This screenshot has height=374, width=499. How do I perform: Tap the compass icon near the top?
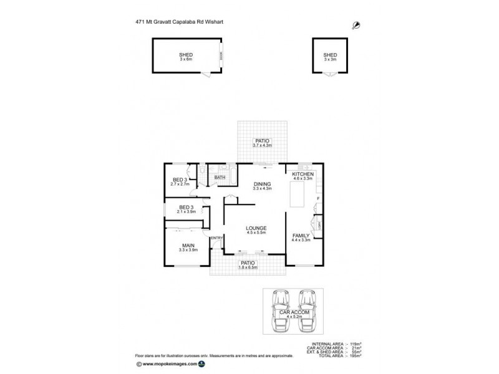tap(356, 24)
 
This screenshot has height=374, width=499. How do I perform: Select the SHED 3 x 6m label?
tap(186, 57)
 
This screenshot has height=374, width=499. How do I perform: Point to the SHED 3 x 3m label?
tap(330, 57)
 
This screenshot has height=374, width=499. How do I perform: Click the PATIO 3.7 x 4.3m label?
tap(261, 143)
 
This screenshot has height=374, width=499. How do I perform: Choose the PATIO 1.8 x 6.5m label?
tap(248, 266)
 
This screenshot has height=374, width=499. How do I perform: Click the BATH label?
tap(220, 178)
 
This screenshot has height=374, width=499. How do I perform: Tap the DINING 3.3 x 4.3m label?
tap(262, 186)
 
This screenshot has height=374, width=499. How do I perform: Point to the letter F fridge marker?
tap(318, 199)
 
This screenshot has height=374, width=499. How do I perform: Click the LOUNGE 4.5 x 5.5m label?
tap(256, 230)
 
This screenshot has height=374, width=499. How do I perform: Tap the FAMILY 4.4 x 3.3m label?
tap(301, 237)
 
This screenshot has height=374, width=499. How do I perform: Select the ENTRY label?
tap(217, 238)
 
